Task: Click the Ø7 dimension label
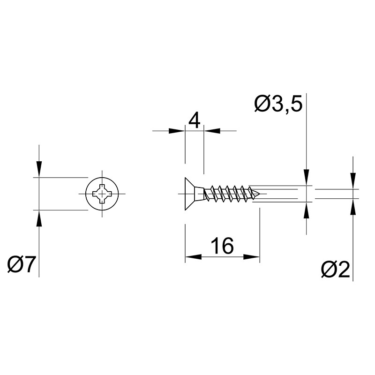pyautogui.click(x=22, y=264)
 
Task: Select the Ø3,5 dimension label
pyautogui.click(x=278, y=104)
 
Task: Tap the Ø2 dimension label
pyautogui.click(x=336, y=269)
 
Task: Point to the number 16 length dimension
pyautogui.click(x=222, y=246)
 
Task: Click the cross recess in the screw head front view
pyautogui.click(x=102, y=194)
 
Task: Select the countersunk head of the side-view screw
pyautogui.click(x=189, y=194)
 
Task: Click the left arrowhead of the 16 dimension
pyautogui.click(x=193, y=257)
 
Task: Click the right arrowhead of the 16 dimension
pyautogui.click(x=252, y=257)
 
